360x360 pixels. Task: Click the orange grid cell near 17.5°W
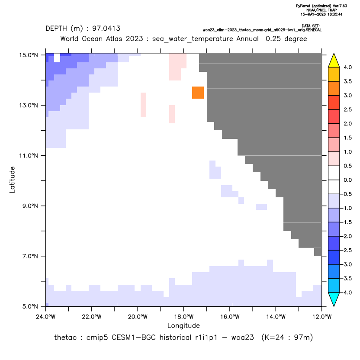coord(198,93)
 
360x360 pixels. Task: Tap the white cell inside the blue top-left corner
coord(57,58)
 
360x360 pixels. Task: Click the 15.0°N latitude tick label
coord(29,55)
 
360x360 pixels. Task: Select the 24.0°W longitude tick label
coord(46,317)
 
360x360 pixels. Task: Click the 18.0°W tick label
coord(183,317)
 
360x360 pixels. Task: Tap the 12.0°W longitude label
coord(322,317)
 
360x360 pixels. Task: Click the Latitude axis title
coord(12,180)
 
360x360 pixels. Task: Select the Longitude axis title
coord(183,325)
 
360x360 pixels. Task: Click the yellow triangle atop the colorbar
coord(334,61)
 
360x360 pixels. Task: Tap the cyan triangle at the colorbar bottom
coord(334,299)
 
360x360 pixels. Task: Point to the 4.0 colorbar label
coord(347,67)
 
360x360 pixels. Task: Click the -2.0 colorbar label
coord(346,236)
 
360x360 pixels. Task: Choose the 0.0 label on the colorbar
coord(347,180)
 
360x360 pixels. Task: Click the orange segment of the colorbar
coord(334,88)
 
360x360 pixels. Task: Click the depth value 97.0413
coord(106,29)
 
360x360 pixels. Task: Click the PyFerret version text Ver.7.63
coord(340,6)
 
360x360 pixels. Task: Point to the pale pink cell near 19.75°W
coord(144,105)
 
